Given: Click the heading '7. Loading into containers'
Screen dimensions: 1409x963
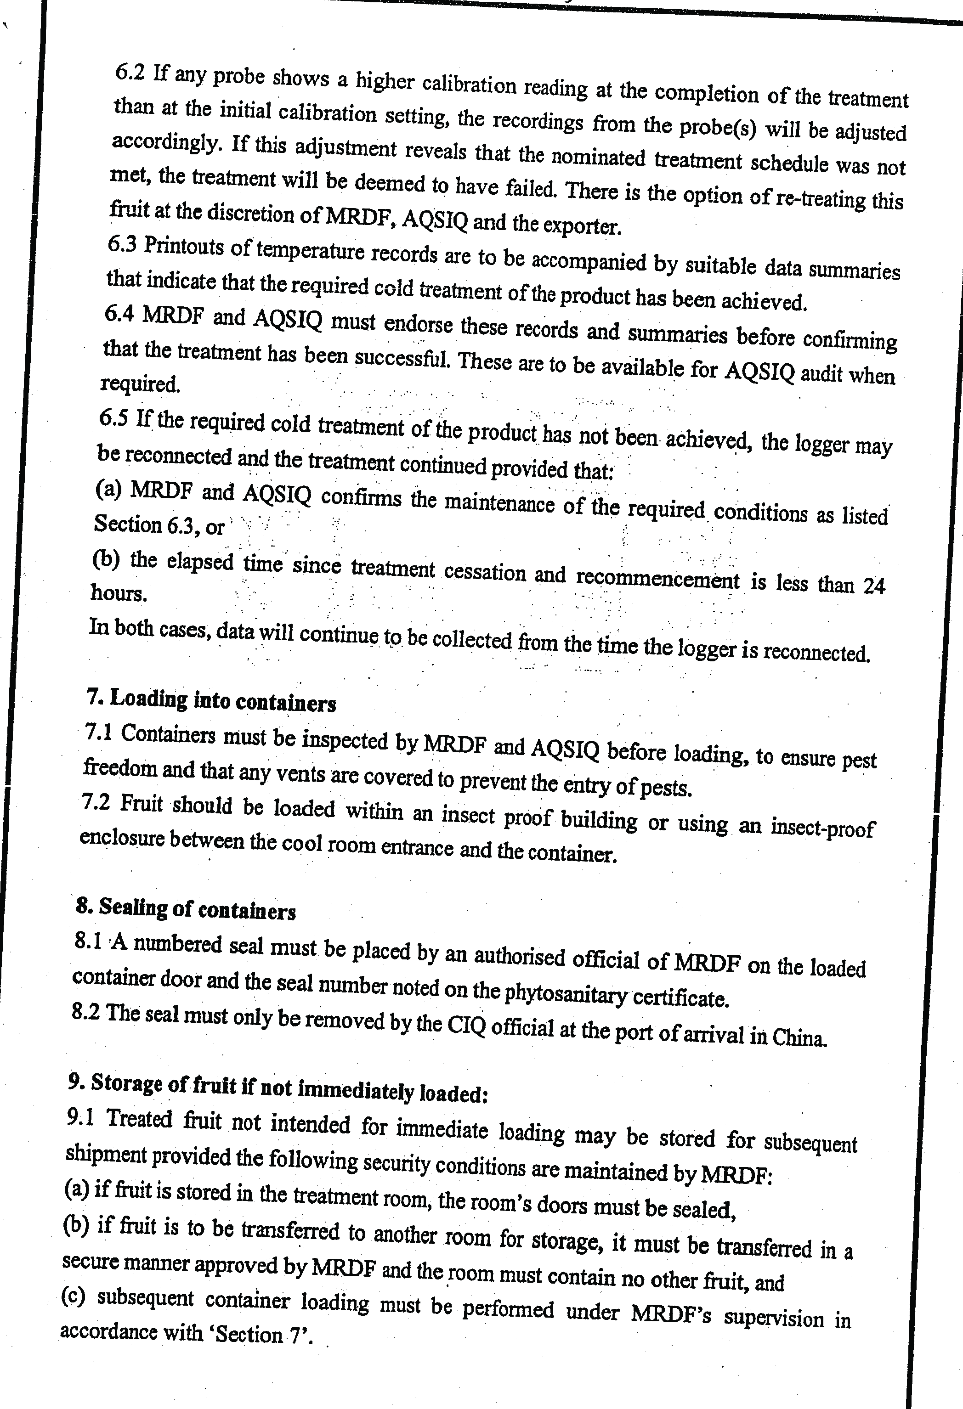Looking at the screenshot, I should coord(210,700).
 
